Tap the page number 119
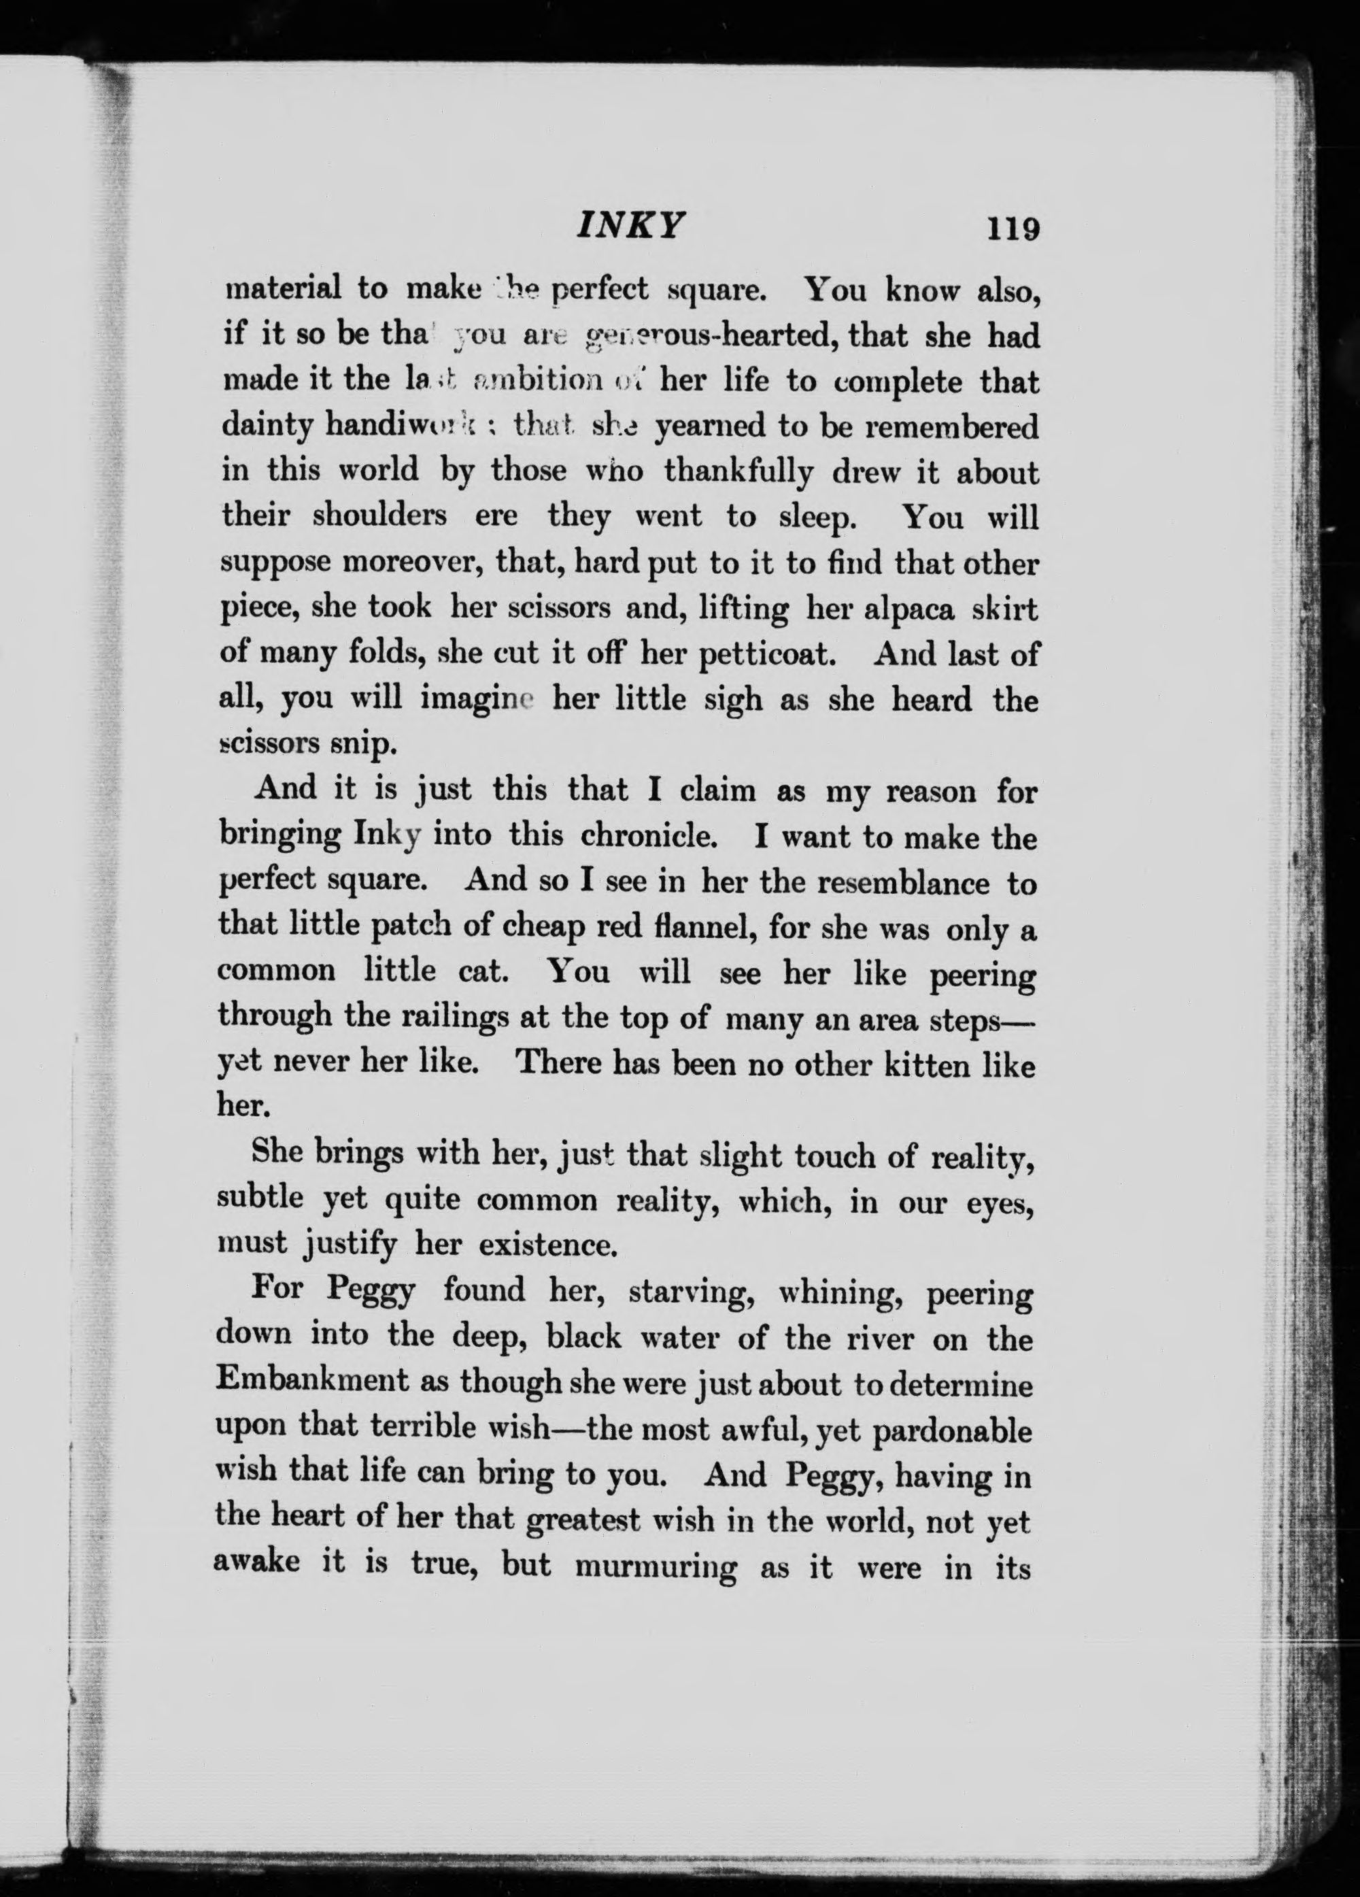click(x=1012, y=229)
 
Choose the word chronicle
click(x=656, y=837)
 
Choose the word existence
click(x=548, y=1245)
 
